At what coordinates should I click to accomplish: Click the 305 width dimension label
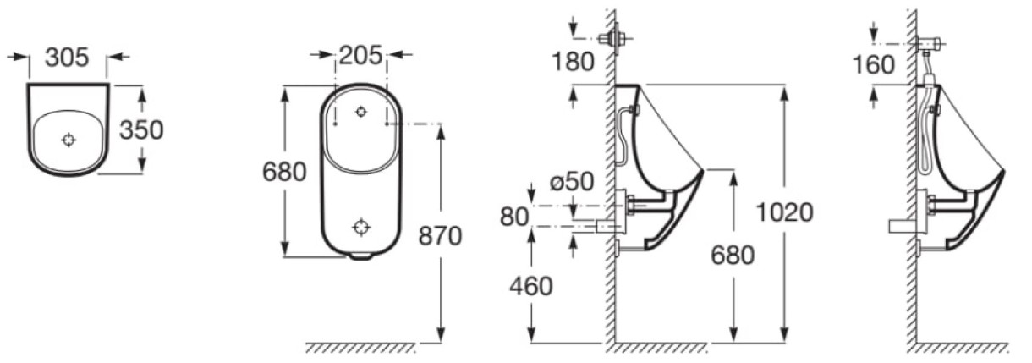click(68, 58)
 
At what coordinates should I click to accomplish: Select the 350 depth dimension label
click(141, 130)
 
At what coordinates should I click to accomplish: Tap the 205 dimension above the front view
click(360, 55)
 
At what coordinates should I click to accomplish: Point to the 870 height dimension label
click(440, 236)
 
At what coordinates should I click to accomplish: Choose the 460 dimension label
click(530, 287)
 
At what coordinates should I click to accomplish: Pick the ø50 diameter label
click(572, 181)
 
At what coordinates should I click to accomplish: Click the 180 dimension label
click(573, 62)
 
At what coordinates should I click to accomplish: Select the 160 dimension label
click(874, 65)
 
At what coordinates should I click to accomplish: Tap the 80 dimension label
click(514, 217)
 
